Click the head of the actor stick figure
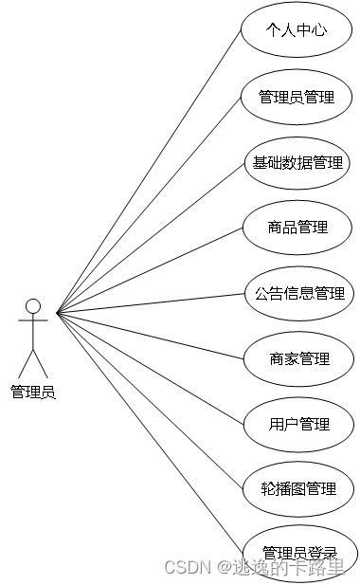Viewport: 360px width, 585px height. [x=33, y=306]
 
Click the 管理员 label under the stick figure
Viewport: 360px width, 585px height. [x=33, y=392]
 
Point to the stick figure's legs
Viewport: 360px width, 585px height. [x=33, y=362]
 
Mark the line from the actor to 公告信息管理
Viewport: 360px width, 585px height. [x=149, y=302]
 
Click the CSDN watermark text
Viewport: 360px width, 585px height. [x=187, y=567]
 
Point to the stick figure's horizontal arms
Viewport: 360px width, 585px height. [x=33, y=322]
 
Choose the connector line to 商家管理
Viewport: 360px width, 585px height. [x=149, y=335]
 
